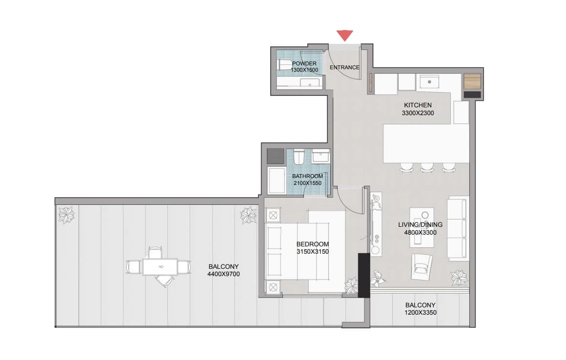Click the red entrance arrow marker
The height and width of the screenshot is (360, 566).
click(345, 35)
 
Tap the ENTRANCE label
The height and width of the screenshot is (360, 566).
click(344, 67)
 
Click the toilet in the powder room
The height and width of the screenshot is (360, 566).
click(284, 65)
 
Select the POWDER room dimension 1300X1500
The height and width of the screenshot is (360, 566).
click(304, 70)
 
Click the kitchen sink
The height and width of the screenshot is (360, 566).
click(429, 82)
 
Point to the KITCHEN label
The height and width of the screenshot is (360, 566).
click(418, 105)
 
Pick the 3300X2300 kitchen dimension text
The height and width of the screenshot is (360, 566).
click(418, 113)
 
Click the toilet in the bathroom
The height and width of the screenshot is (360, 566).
click(299, 157)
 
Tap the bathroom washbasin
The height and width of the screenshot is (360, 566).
click(321, 156)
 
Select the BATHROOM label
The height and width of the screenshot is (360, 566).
click(307, 176)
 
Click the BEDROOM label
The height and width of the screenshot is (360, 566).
click(313, 244)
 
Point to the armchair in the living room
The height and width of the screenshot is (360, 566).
click(422, 266)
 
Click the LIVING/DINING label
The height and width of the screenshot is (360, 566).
click(420, 224)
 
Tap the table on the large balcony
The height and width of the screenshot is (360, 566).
click(160, 267)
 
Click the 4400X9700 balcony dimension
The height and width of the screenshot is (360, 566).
click(223, 274)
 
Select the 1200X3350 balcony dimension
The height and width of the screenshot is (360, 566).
click(420, 312)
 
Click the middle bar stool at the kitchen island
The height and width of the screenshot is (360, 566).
click(427, 167)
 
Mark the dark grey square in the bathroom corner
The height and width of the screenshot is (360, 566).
click(275, 156)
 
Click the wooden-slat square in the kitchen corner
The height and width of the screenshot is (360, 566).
click(472, 81)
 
